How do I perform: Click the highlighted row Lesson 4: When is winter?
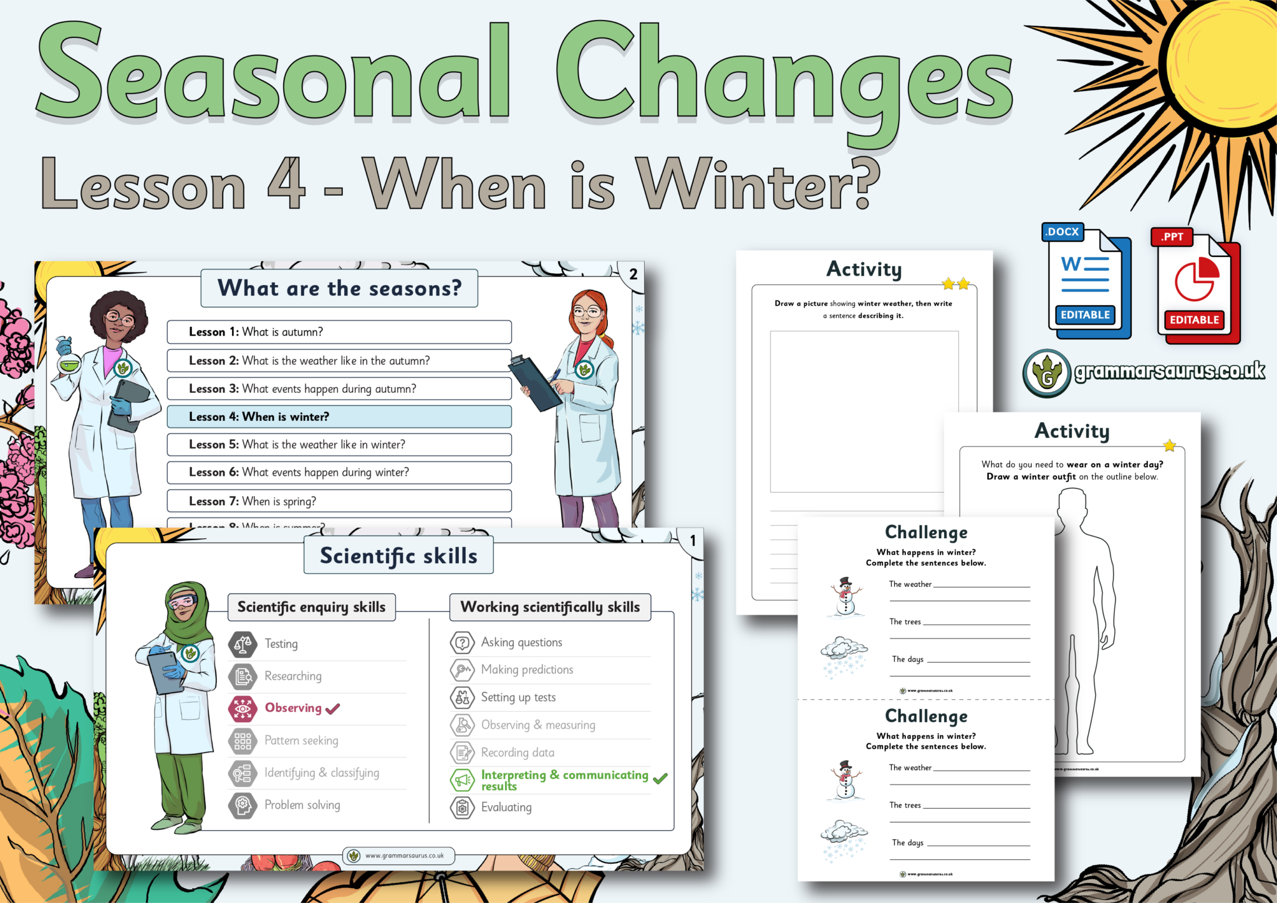pyautogui.click(x=339, y=417)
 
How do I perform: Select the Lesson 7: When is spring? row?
pyautogui.click(x=339, y=501)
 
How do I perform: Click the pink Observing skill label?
pyautogui.click(x=293, y=708)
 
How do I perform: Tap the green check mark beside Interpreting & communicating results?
pyautogui.click(x=660, y=778)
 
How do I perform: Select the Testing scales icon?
pyautogui.click(x=243, y=644)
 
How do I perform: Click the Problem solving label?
pyautogui.click(x=302, y=805)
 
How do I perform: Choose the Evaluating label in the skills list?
pyautogui.click(x=506, y=808)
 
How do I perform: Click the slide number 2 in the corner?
pyautogui.click(x=633, y=274)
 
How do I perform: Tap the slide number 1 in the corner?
pyautogui.click(x=692, y=541)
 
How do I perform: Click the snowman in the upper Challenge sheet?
pyautogui.click(x=845, y=597)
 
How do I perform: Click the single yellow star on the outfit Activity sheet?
pyautogui.click(x=1169, y=445)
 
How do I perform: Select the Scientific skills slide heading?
pyautogui.click(x=398, y=556)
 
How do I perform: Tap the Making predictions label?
pyautogui.click(x=527, y=670)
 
